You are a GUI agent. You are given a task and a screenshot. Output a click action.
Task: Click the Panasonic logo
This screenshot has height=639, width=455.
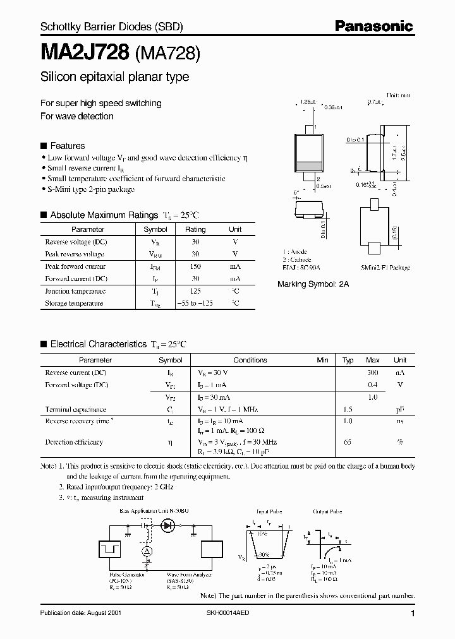point(373,26)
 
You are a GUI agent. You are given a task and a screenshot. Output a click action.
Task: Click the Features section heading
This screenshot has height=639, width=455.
point(67,145)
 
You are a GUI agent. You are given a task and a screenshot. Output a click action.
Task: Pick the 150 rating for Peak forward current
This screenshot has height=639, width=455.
point(195,266)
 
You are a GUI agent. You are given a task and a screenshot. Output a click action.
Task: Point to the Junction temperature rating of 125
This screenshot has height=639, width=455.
point(195,291)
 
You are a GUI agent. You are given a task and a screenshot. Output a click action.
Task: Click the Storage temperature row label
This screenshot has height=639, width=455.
point(74,303)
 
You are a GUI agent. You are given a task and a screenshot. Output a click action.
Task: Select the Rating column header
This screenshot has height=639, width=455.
point(195,230)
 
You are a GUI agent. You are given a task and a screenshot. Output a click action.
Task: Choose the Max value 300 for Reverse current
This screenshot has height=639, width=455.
point(373,373)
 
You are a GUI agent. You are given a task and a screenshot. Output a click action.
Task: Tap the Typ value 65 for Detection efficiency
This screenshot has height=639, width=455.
point(348,443)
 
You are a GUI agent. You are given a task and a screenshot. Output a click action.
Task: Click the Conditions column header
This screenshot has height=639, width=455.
point(250,360)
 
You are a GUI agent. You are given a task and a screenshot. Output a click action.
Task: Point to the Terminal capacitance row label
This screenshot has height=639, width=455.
point(76,409)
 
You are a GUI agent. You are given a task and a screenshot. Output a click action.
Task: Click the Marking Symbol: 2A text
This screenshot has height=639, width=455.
point(313,285)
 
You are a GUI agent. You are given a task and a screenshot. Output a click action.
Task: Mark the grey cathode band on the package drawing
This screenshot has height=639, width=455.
point(310,167)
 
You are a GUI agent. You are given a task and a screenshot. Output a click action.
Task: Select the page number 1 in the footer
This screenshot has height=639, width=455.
point(412,614)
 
